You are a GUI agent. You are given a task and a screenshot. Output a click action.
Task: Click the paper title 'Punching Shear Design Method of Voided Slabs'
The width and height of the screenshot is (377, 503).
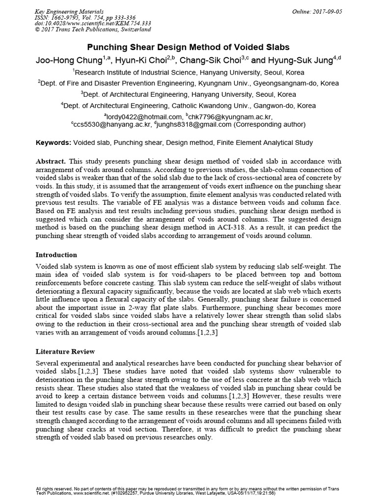(188, 48)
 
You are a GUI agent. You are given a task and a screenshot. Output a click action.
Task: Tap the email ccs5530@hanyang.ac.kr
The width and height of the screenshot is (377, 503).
(112, 125)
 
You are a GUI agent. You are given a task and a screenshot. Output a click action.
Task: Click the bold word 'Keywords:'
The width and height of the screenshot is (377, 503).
(54, 142)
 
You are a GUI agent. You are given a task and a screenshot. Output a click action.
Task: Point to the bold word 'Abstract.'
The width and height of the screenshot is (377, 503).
(52, 161)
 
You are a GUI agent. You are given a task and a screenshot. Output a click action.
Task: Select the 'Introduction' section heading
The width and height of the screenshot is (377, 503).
(56, 255)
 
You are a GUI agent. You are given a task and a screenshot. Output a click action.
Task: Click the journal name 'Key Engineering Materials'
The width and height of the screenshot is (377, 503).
(69, 11)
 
